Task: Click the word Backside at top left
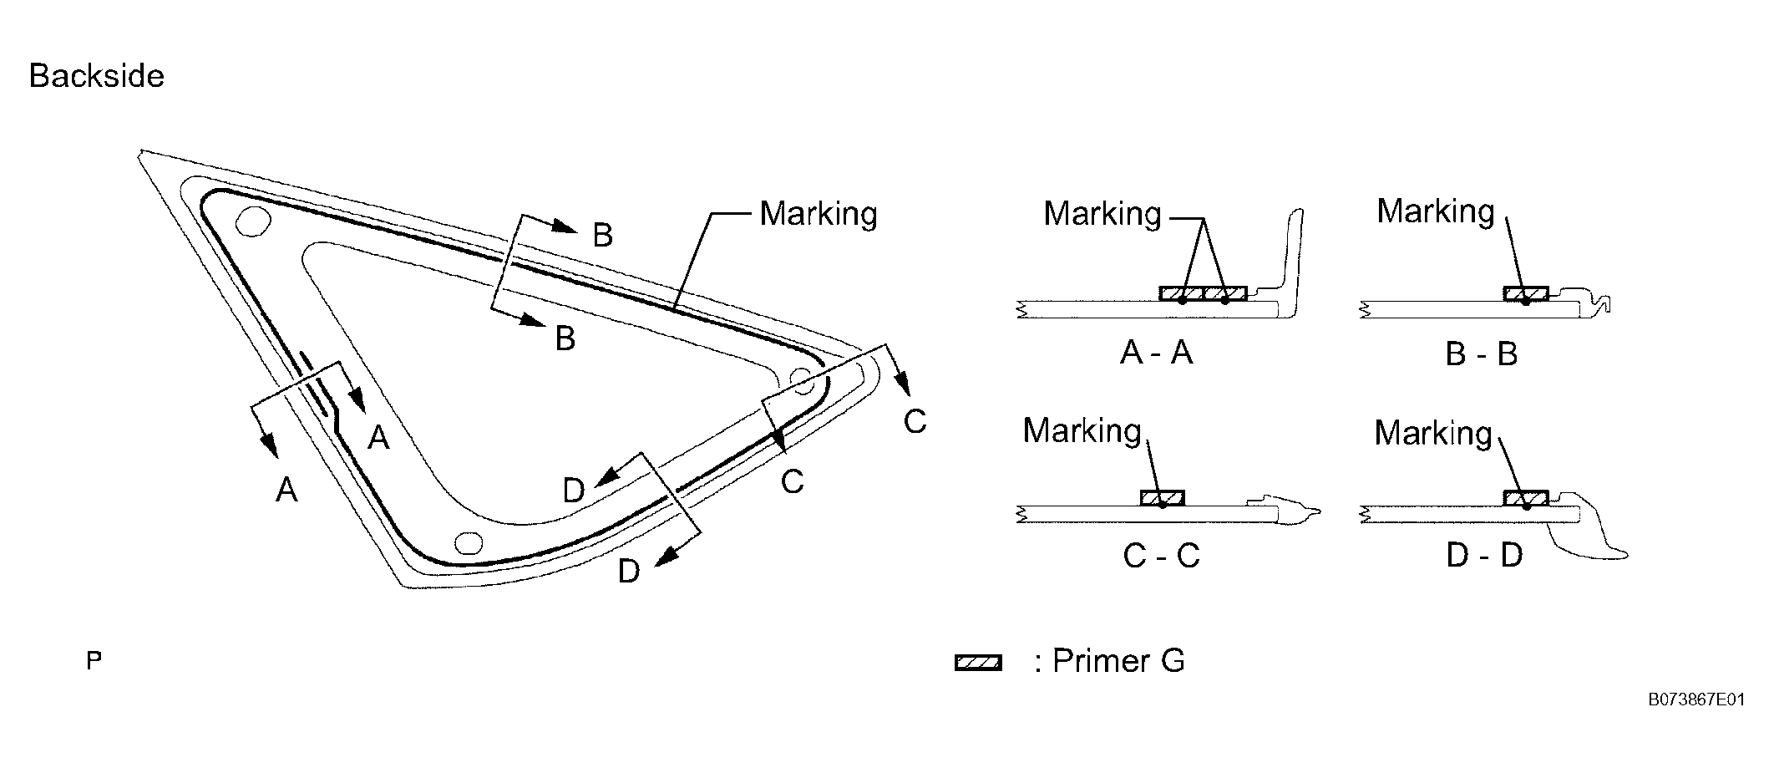coord(96,76)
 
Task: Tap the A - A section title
coord(1156,353)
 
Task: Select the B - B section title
coord(1481,354)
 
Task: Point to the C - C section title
coord(1161,556)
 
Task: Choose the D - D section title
coord(1484,556)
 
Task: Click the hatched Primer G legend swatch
coord(978,664)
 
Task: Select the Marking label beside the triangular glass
coord(818,214)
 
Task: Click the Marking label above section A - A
coord(1102,214)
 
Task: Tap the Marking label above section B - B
coord(1435,211)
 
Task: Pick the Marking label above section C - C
coord(1082,431)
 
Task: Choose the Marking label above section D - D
coord(1432,433)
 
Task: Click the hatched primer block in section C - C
coord(1162,499)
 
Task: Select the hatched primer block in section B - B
coord(1525,293)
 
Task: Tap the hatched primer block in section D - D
coord(1525,499)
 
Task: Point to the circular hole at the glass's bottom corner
coord(469,544)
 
